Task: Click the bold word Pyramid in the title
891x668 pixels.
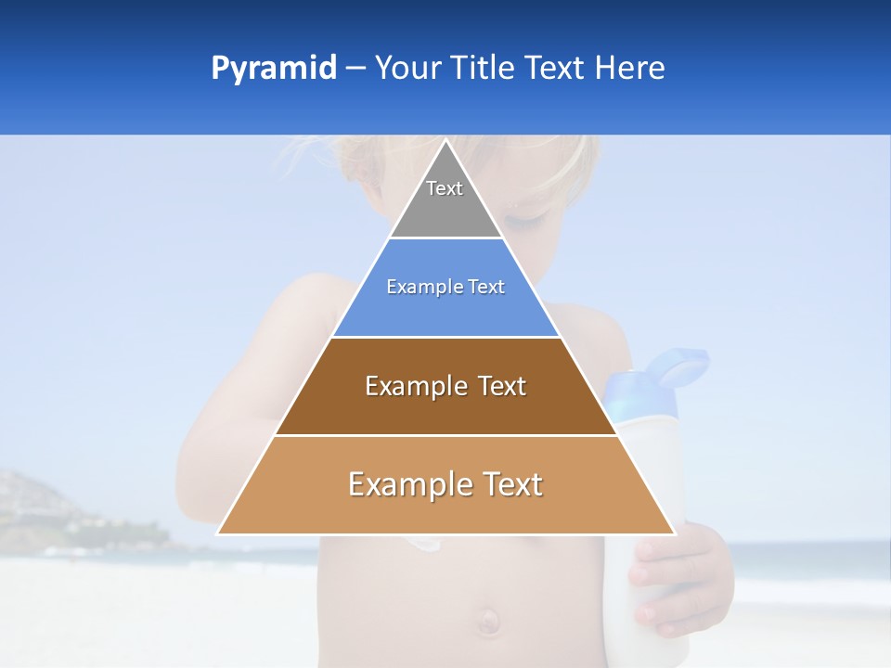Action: pyautogui.click(x=273, y=69)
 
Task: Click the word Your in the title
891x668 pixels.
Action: pyautogui.click(x=407, y=69)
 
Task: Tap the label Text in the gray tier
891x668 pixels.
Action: pyautogui.click(x=445, y=188)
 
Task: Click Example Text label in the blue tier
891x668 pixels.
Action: pyautogui.click(x=445, y=287)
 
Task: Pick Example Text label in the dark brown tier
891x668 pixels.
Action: pyautogui.click(x=445, y=386)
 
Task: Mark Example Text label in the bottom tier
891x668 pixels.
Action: pyautogui.click(x=445, y=484)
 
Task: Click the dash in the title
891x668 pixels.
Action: pyautogui.click(x=355, y=69)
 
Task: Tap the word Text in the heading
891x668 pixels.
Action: pyautogui.click(x=555, y=69)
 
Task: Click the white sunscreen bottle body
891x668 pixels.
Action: pyautogui.click(x=650, y=464)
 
